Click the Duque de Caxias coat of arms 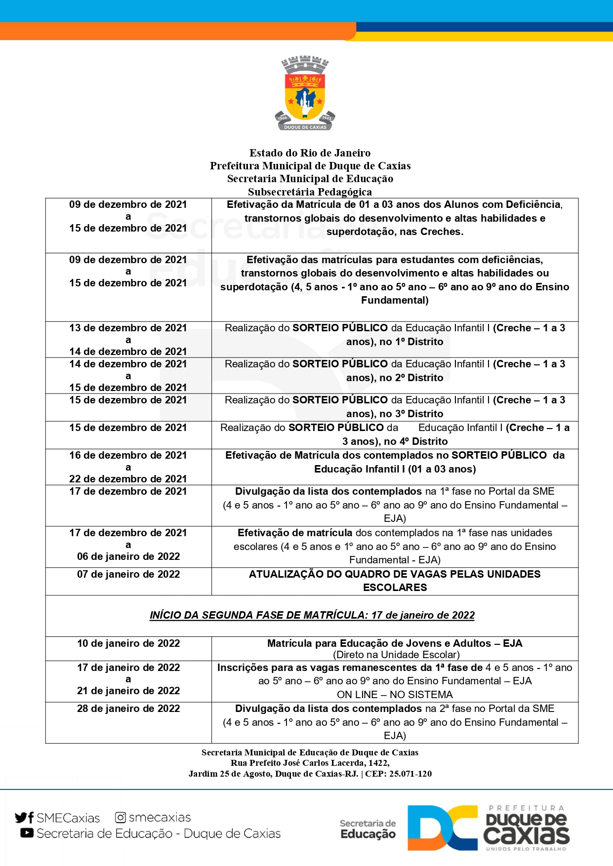coord(305,94)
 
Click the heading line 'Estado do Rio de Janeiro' coord(310,153)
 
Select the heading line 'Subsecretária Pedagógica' coord(310,192)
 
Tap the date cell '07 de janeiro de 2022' coord(128,574)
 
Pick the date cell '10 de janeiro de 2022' coord(128,643)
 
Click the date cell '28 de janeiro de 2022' coord(128,709)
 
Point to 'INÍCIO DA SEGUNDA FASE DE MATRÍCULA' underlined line coord(312,615)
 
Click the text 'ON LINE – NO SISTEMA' coord(395,695)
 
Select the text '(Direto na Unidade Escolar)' coord(396,655)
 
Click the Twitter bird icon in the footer coord(21,818)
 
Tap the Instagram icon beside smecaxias coord(120,818)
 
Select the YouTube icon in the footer coord(27,833)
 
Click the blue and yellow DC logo coord(442,828)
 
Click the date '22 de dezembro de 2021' coord(128,479)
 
